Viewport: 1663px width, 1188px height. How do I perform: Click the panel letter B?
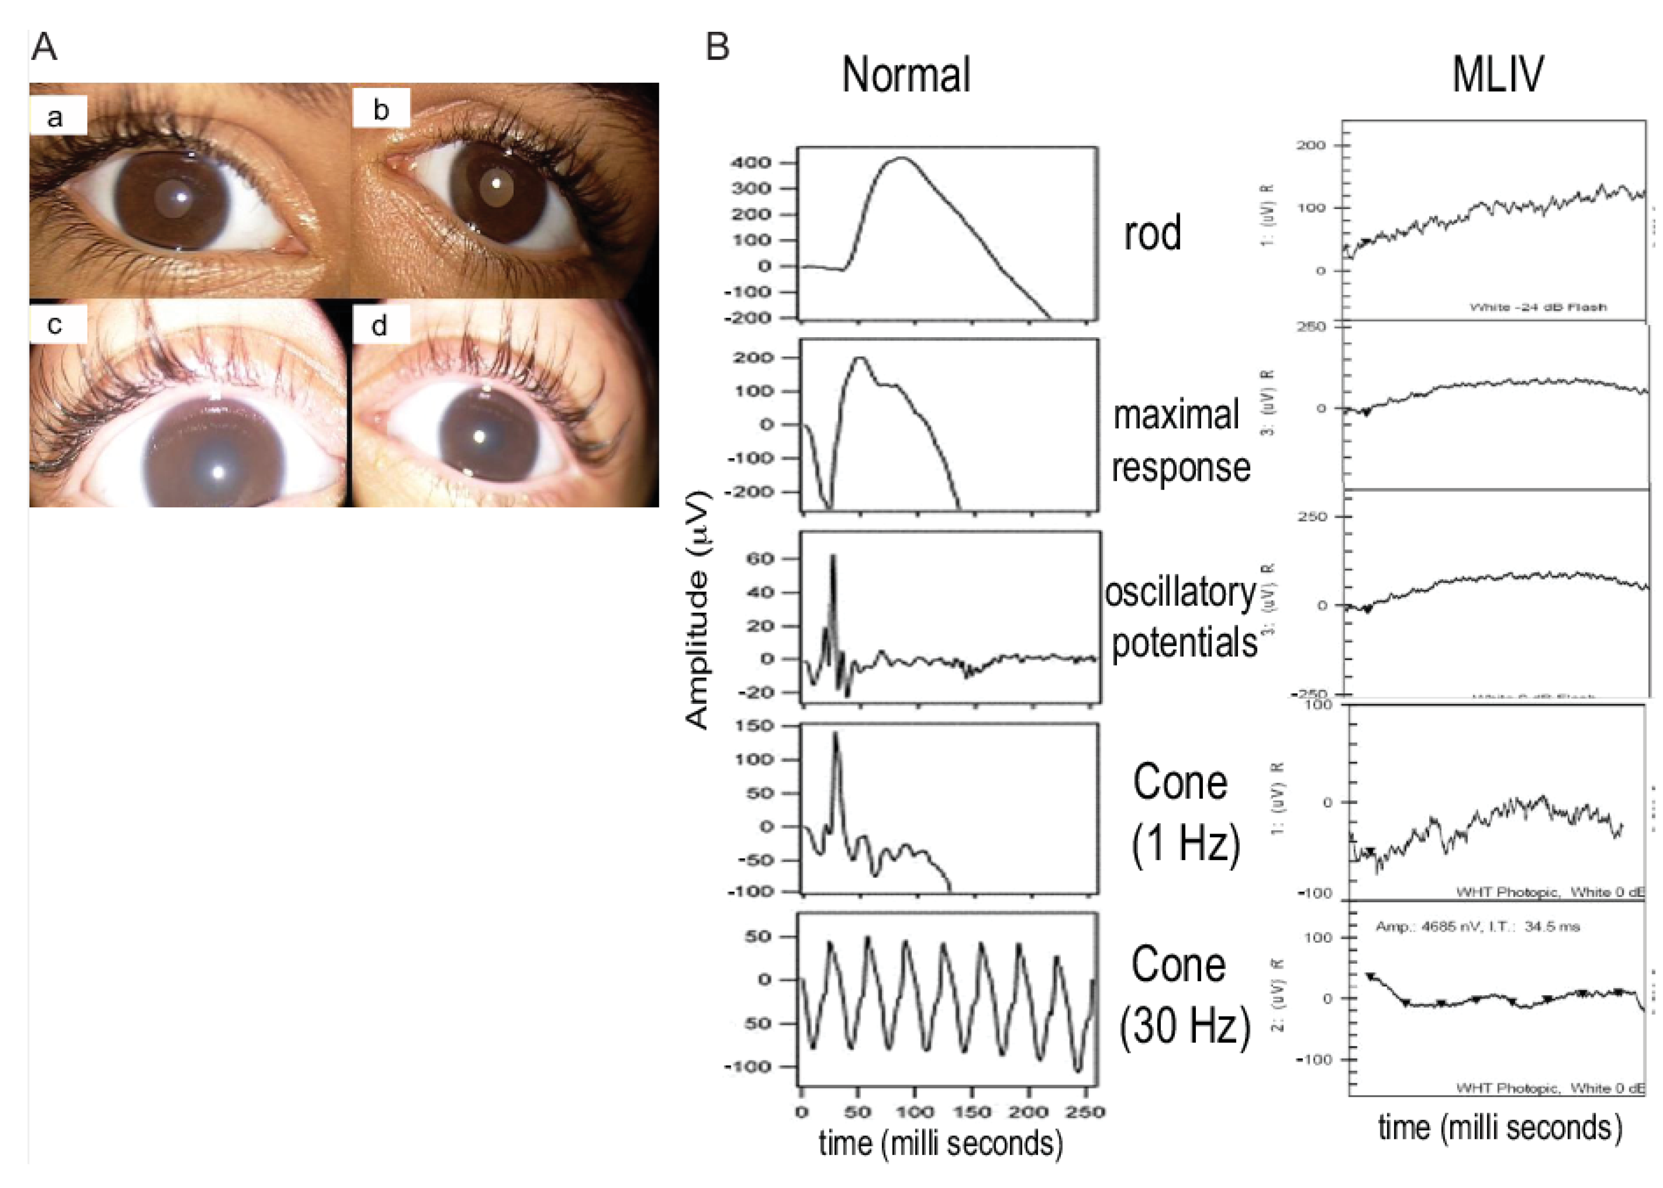point(717,48)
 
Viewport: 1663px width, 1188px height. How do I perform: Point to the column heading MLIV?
point(1498,75)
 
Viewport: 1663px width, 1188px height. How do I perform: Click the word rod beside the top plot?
point(1152,234)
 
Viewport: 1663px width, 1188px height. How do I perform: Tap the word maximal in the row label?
point(1175,415)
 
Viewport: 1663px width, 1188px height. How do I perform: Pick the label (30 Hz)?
point(1184,1025)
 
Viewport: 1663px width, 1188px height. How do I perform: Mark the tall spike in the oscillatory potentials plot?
point(832,558)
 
